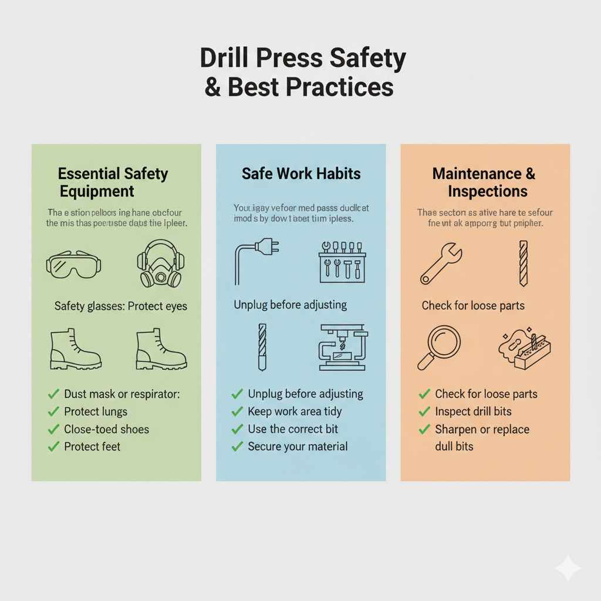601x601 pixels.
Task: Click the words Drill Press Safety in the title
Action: pyautogui.click(x=303, y=59)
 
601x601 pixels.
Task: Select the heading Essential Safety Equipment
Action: pyautogui.click(x=113, y=183)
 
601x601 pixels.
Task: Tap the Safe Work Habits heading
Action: pyautogui.click(x=301, y=174)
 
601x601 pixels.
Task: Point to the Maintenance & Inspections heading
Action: pyautogui.click(x=484, y=183)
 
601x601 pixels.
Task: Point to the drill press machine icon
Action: pyautogui.click(x=343, y=347)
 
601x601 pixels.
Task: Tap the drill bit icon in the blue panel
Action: pyautogui.click(x=262, y=347)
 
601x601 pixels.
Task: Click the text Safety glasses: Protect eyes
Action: pyautogui.click(x=121, y=306)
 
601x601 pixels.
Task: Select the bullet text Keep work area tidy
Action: pyautogui.click(x=295, y=411)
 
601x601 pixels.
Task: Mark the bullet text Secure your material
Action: pyautogui.click(x=298, y=447)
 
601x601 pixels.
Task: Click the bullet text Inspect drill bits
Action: pyautogui.click(x=473, y=411)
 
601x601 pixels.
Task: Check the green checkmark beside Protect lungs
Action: pyautogui.click(x=54, y=411)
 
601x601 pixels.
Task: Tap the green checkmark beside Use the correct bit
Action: pyautogui.click(x=238, y=429)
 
